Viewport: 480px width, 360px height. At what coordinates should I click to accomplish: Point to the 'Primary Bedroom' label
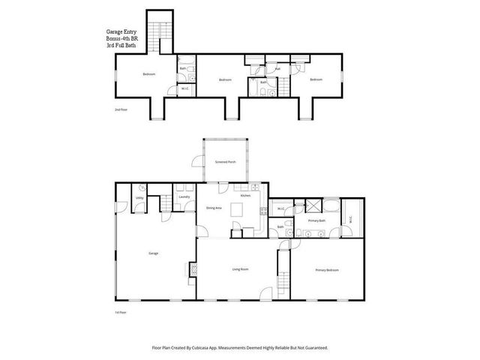pyautogui.click(x=326, y=269)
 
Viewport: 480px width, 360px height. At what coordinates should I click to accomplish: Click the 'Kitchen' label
pyautogui.click(x=244, y=195)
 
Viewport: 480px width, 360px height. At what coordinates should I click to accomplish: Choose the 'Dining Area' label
pyautogui.click(x=213, y=207)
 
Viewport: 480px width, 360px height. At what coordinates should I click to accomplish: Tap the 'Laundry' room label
pyautogui.click(x=183, y=197)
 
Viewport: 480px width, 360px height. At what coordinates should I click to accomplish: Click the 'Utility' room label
pyautogui.click(x=139, y=198)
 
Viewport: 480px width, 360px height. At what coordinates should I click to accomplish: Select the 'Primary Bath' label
pyautogui.click(x=316, y=221)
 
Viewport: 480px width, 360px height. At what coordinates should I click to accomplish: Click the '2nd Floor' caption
pyautogui.click(x=120, y=109)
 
